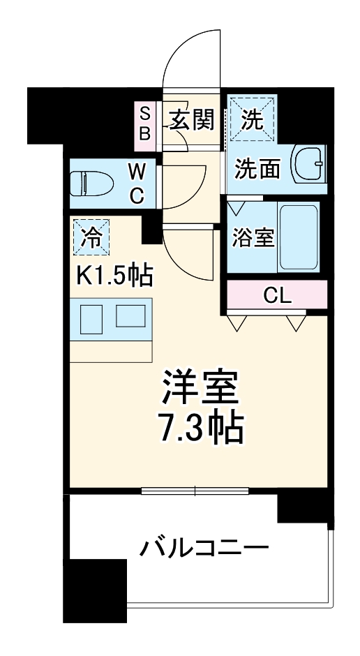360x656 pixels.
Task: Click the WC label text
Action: (x=137, y=184)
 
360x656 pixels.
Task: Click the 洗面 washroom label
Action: (x=257, y=170)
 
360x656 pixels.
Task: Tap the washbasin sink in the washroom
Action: (x=307, y=165)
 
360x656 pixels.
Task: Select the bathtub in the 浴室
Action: (x=298, y=238)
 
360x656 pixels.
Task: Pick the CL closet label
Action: (x=277, y=295)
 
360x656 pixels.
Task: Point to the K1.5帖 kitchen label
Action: (x=114, y=276)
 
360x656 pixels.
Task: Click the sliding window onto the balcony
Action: (x=195, y=491)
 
